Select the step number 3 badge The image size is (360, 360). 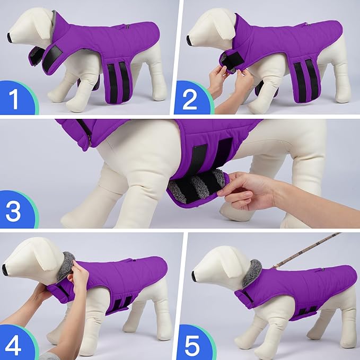click(15, 211)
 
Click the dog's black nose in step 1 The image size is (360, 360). click(10, 37)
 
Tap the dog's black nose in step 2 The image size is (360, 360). click(189, 39)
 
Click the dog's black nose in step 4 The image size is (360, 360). click(5, 270)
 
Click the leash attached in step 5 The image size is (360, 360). click(308, 249)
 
